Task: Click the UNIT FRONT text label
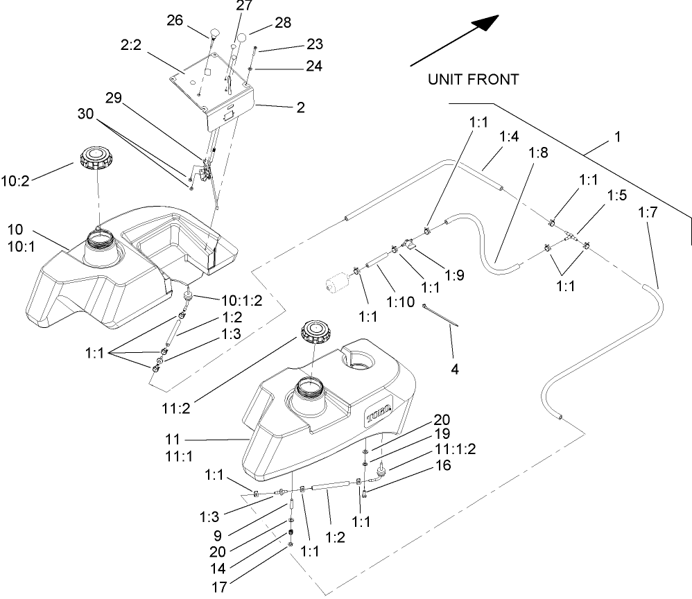point(473,80)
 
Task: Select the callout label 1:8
point(539,153)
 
